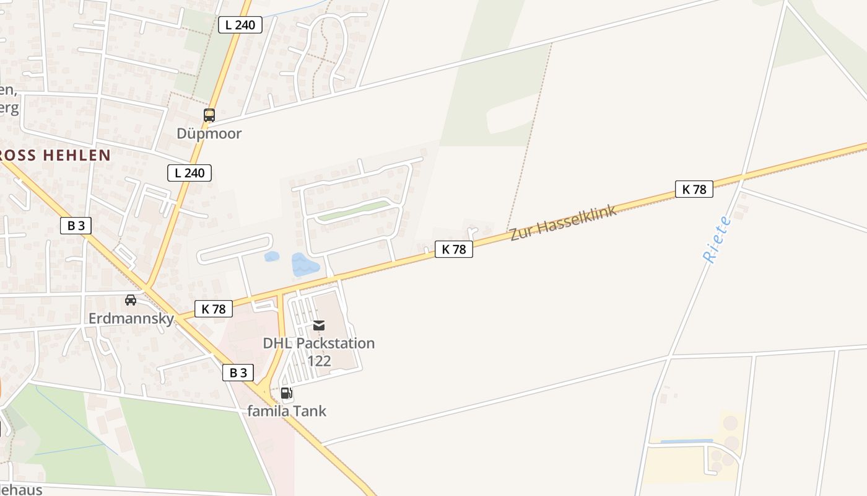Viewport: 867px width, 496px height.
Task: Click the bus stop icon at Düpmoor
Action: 209,115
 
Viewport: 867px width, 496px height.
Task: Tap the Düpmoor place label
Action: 209,133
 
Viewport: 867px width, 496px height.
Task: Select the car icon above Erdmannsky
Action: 131,300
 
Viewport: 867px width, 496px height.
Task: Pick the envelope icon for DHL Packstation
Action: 319,325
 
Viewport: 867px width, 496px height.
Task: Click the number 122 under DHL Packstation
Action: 319,361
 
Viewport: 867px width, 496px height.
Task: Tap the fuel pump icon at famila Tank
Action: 286,392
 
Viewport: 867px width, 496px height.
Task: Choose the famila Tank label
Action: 287,410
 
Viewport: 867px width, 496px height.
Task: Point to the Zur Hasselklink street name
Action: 564,223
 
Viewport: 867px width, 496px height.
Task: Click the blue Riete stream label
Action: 718,240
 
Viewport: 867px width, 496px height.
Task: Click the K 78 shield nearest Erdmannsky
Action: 214,309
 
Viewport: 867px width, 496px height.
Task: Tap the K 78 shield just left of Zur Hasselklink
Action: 454,249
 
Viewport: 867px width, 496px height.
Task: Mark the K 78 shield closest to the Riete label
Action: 694,189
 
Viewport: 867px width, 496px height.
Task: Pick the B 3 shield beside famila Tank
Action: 238,373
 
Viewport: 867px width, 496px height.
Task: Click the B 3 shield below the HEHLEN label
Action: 76,226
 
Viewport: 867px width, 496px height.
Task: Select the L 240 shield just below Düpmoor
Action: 190,173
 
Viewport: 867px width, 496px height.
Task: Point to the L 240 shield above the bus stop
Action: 240,25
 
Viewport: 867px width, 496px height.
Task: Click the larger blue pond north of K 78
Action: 304,265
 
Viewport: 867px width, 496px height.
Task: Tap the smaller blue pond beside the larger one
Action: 271,257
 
